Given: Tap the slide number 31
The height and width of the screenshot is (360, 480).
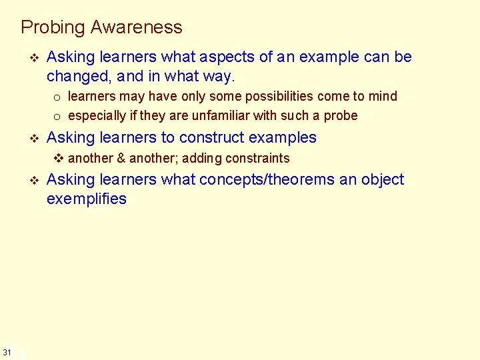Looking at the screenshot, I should point(7,351).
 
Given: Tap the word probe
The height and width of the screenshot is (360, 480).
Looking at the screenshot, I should point(342,115).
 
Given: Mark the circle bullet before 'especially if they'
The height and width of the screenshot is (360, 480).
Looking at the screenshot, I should point(57,117).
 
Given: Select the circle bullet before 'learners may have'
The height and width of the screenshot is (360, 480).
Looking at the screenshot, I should point(57,97).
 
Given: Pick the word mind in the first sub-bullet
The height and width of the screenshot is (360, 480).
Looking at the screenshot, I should point(383,96).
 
